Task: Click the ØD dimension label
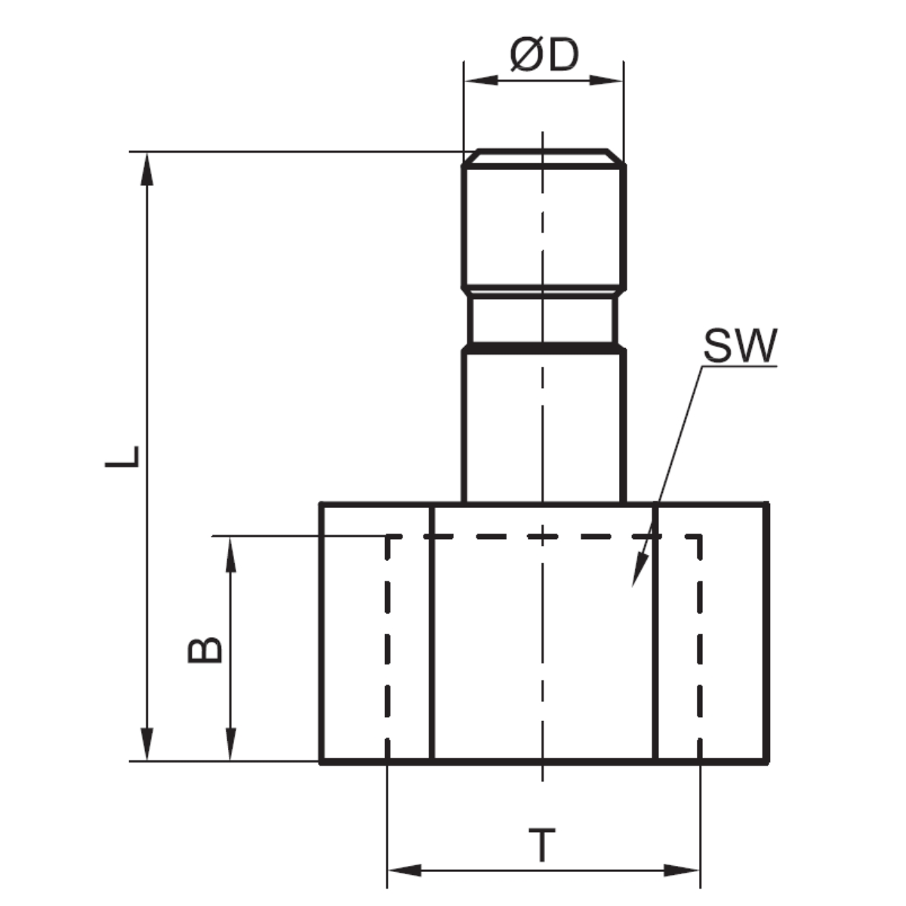(x=544, y=55)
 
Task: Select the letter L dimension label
(x=122, y=457)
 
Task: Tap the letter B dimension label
(x=205, y=650)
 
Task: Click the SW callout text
(x=740, y=346)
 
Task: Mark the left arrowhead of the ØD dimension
(x=480, y=80)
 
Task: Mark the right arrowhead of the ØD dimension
(x=606, y=80)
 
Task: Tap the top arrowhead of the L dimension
(x=147, y=169)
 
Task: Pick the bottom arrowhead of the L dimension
(x=147, y=744)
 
